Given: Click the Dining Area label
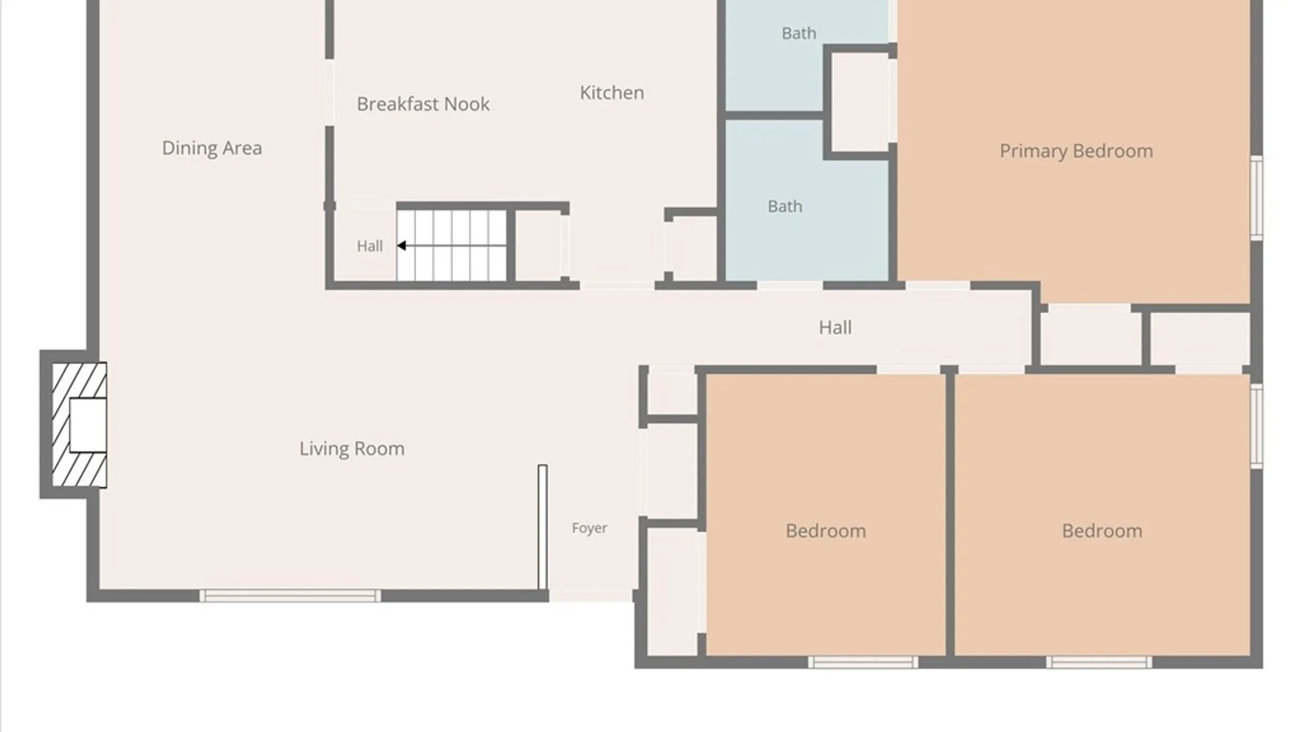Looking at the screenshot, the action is [211, 148].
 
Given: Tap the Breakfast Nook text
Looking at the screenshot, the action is [423, 104].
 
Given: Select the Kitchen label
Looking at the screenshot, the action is [612, 93].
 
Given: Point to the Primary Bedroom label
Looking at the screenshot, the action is [1076, 151].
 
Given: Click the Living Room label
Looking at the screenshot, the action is [352, 449].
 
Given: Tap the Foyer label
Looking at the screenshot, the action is [590, 528].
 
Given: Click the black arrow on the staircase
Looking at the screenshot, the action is [401, 245].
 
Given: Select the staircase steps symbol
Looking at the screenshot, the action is [451, 245].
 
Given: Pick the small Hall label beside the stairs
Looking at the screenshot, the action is [369, 246].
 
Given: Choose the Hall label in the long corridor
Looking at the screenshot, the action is [835, 328].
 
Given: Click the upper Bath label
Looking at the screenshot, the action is [799, 33].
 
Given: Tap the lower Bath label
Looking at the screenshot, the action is [785, 206].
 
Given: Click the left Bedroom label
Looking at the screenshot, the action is [825, 531].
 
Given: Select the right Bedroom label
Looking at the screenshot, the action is [1102, 531].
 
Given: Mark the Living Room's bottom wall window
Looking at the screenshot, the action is [290, 596].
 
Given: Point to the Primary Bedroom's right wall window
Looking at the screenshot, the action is [1256, 197].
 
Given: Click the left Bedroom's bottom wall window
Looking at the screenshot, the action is [863, 662].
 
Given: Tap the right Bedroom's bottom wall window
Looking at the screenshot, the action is [1098, 662].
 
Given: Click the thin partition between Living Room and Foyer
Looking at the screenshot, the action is [543, 527].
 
